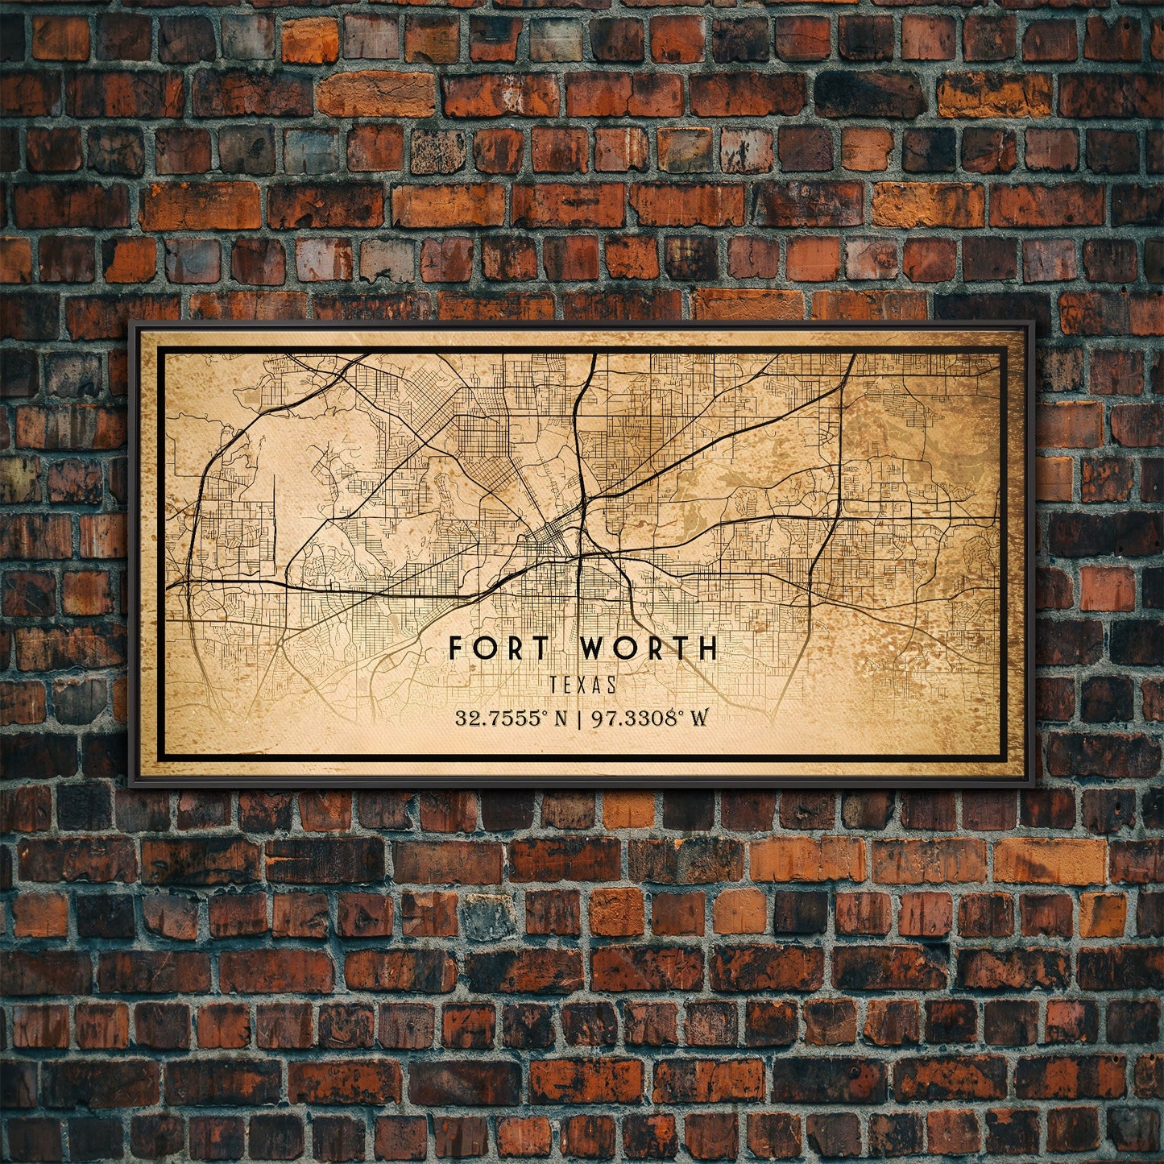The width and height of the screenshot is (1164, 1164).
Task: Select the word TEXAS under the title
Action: [583, 685]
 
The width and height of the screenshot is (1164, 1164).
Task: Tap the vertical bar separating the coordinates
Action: [582, 718]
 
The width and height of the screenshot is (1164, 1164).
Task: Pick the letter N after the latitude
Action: [562, 719]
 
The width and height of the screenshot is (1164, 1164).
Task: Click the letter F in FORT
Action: [455, 648]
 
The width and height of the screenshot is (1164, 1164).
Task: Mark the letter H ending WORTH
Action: [707, 648]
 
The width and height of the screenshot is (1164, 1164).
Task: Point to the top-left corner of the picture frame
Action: [131, 323]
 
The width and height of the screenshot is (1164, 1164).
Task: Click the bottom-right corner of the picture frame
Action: [1032, 782]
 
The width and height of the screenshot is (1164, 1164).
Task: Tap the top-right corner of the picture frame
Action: [1032, 323]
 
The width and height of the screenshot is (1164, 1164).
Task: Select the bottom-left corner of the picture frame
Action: [131, 782]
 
